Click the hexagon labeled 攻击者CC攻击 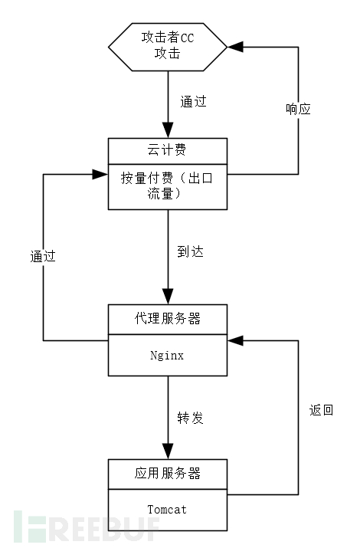[167, 47]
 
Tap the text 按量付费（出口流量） [167, 185]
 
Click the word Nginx [167, 356]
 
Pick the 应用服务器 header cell [167, 473]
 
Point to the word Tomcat [167, 509]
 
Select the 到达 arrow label [190, 251]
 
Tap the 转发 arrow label [190, 418]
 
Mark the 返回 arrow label [321, 410]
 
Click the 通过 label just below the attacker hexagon [193, 101]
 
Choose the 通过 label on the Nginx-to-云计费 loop [43, 257]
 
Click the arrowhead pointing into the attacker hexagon [235, 47]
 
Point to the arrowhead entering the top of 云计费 [167, 131]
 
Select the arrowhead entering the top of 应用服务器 [167, 452]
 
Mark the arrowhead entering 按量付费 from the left [100, 174]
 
